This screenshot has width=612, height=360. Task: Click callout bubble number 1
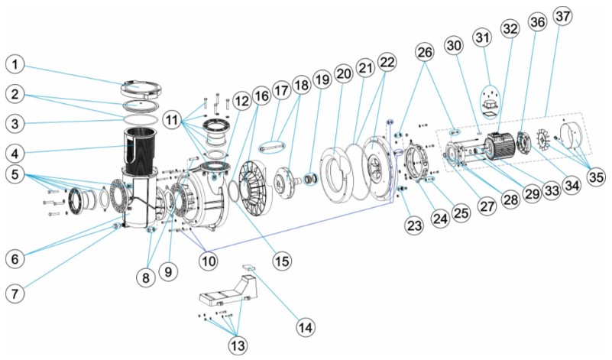[18, 63]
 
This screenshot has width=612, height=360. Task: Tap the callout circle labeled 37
[566, 21]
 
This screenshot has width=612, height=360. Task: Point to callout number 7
[18, 294]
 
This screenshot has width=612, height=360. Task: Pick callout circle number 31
[482, 36]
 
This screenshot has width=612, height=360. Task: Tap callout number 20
[343, 73]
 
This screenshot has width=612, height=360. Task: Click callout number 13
[238, 345]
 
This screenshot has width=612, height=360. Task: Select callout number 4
[18, 148]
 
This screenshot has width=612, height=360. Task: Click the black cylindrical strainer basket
[146, 145]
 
